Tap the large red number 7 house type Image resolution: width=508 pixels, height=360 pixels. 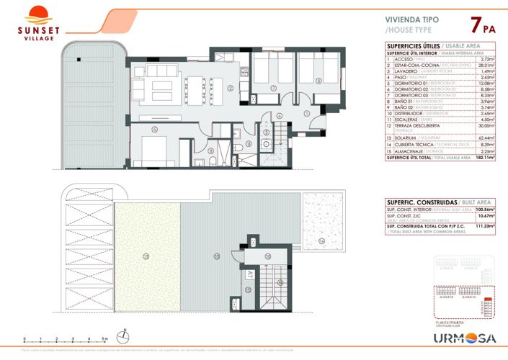(476, 26)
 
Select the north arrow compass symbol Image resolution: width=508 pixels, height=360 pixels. (124, 336)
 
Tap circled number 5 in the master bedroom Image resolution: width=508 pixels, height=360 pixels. (154, 130)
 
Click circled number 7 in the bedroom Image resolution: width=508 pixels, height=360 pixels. (274, 89)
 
